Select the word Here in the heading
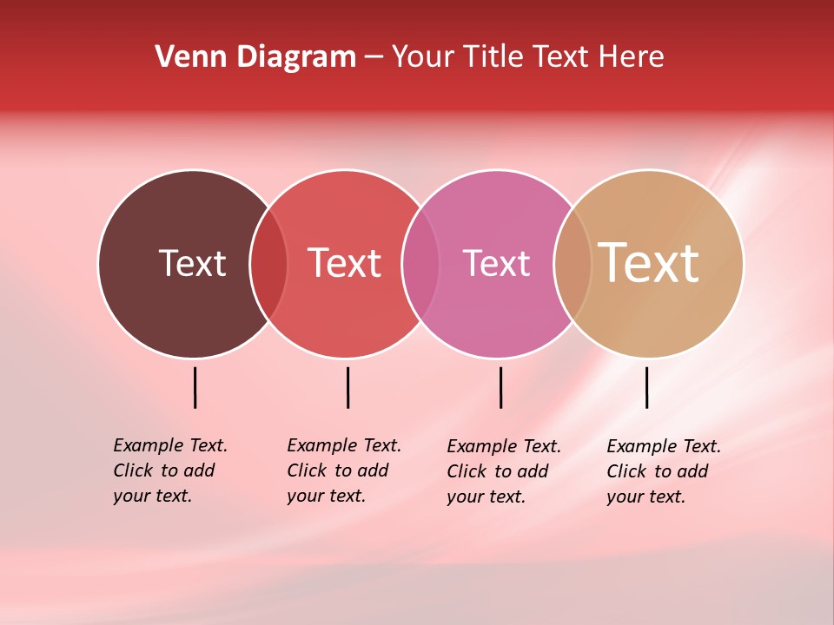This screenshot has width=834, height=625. [633, 57]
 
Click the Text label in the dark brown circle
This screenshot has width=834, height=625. [192, 263]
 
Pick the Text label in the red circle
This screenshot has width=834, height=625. [345, 263]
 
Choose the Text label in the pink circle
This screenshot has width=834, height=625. [496, 263]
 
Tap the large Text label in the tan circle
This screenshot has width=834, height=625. [649, 263]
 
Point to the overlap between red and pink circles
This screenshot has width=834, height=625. [421, 263]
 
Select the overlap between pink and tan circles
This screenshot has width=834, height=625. [573, 263]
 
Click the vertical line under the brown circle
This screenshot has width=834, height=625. [195, 387]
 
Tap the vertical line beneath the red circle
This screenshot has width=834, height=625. [347, 387]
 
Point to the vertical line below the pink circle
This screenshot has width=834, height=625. [500, 387]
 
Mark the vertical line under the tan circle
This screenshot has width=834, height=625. [647, 387]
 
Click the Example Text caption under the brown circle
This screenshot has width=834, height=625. [170, 470]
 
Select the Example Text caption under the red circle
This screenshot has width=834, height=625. [344, 470]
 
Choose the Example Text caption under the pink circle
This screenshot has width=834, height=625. [504, 471]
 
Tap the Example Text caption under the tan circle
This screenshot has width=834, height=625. [664, 471]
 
